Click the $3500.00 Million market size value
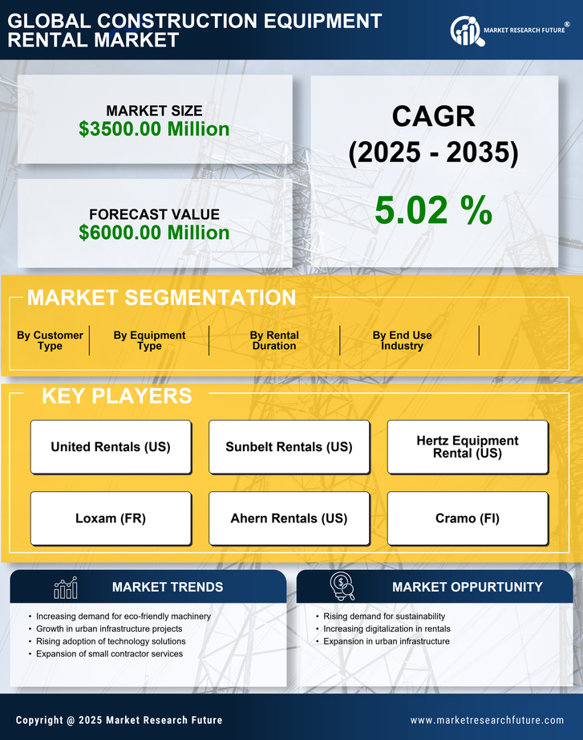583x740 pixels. pyautogui.click(x=154, y=129)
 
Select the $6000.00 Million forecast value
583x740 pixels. pyautogui.click(x=154, y=233)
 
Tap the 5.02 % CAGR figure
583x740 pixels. pyautogui.click(x=433, y=210)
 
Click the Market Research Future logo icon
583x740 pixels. pyautogui.click(x=465, y=30)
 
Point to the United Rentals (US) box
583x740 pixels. pyautogui.click(x=111, y=447)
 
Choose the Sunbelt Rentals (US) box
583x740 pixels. pyautogui.click(x=289, y=447)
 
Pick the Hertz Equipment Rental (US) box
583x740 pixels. pyautogui.click(x=468, y=447)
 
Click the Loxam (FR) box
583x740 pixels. pyautogui.click(x=111, y=518)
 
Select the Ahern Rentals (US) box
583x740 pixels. pyautogui.click(x=289, y=518)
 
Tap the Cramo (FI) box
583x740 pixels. pyautogui.click(x=468, y=518)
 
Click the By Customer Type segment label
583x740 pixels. pyautogui.click(x=50, y=340)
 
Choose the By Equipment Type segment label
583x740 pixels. pyautogui.click(x=149, y=340)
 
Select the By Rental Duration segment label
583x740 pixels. pyautogui.click(x=274, y=340)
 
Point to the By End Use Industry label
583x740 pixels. pyautogui.click(x=402, y=340)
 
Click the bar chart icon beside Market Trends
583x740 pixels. pyautogui.click(x=65, y=588)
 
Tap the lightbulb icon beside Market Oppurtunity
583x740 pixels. pyautogui.click(x=342, y=587)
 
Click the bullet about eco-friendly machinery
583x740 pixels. pyautogui.click(x=123, y=616)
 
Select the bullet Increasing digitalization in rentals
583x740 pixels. pyautogui.click(x=387, y=629)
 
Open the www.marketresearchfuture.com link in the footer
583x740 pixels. pyautogui.click(x=487, y=720)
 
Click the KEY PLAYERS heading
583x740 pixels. pyautogui.click(x=116, y=396)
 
